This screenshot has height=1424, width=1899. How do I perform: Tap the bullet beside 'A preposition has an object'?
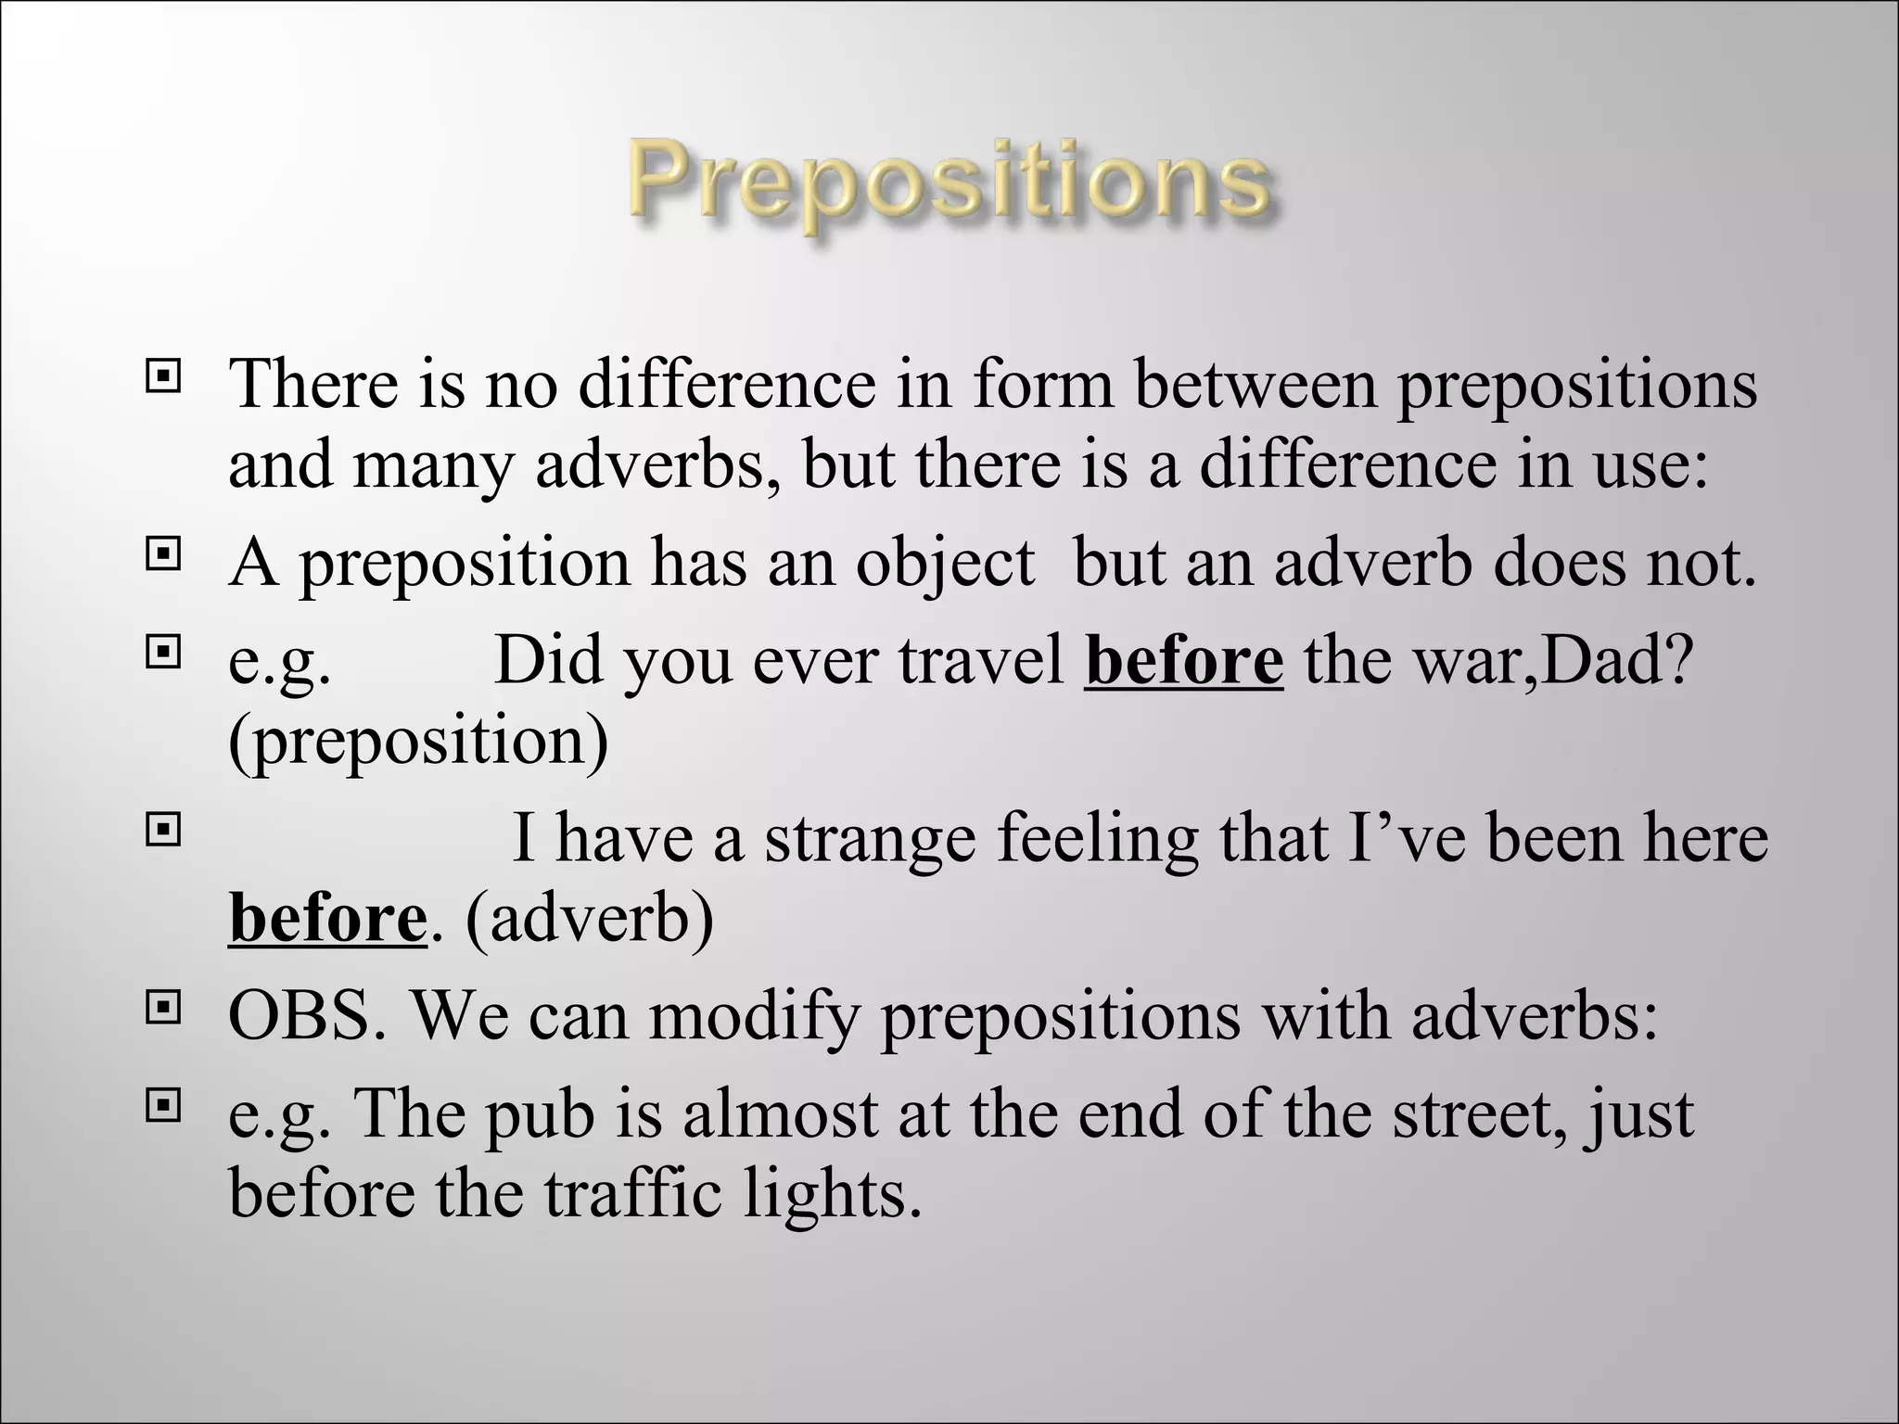click(163, 554)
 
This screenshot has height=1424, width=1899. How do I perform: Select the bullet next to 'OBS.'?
click(163, 1009)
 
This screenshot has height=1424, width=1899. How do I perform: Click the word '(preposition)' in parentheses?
click(418, 742)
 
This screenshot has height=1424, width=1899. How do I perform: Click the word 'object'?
click(944, 564)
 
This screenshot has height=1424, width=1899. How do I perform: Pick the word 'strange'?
click(870, 838)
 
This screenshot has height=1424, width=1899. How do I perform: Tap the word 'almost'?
click(780, 1112)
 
